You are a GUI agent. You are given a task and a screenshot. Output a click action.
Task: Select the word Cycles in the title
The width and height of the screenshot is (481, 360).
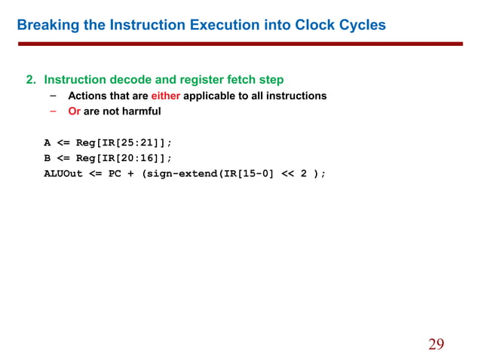click(x=359, y=26)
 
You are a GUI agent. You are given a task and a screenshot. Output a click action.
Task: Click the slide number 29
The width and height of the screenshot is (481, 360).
click(x=436, y=344)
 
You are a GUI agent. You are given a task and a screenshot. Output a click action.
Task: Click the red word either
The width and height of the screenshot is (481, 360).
click(x=165, y=96)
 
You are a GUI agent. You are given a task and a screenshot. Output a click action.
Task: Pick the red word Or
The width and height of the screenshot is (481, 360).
click(x=74, y=111)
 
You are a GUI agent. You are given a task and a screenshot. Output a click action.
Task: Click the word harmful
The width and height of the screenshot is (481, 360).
click(x=138, y=111)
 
